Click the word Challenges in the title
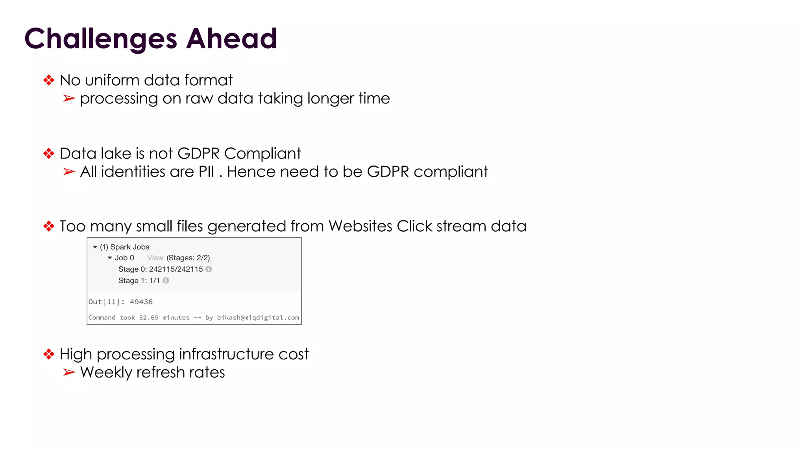(101, 39)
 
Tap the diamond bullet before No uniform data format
(49, 80)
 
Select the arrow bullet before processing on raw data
(69, 98)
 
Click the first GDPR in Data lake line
(198, 153)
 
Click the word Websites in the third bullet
(360, 226)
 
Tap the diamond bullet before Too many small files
(49, 226)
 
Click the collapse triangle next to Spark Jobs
(95, 247)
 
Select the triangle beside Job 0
(110, 258)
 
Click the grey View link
(155, 258)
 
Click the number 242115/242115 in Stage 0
(176, 269)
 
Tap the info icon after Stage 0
(209, 269)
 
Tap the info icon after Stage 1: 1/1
(166, 281)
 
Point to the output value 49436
(141, 302)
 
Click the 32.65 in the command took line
(148, 318)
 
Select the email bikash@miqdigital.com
(258, 318)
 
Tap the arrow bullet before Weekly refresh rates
(69, 372)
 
